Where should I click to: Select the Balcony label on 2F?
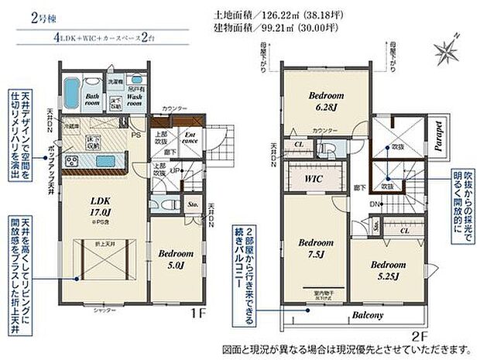pos(368,315)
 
